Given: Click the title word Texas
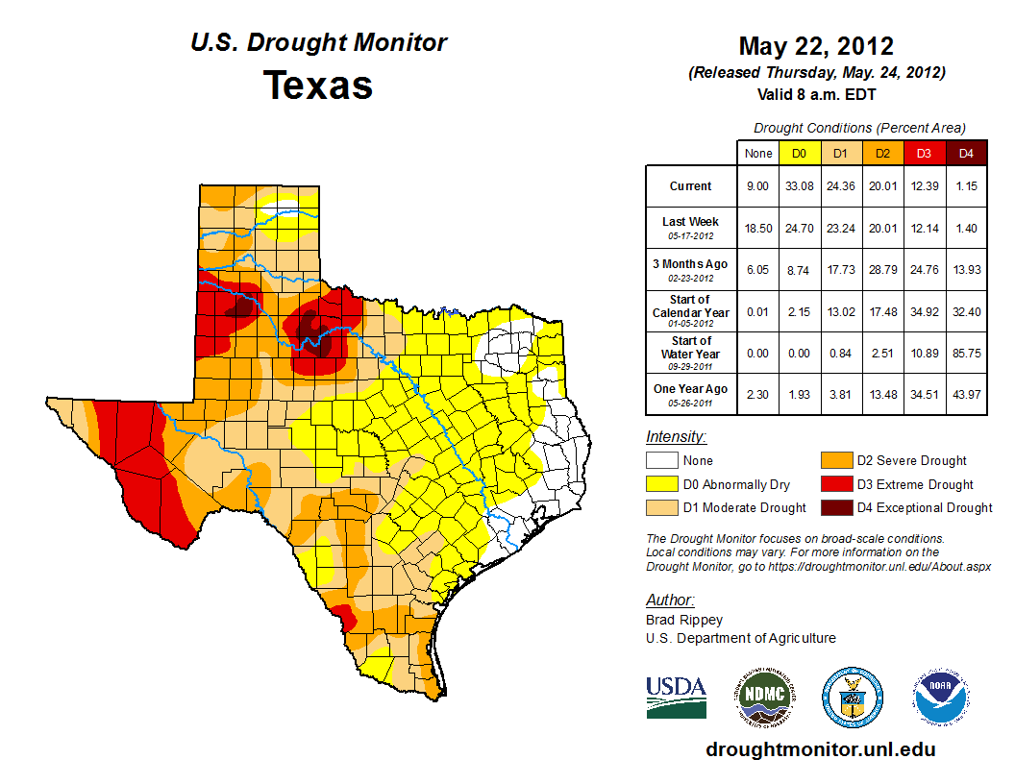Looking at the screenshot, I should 318,86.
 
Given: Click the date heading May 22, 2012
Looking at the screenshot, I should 816,46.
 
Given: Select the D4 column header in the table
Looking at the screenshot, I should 966,153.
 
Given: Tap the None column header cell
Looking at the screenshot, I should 758,153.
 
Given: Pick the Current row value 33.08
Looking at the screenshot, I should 800,186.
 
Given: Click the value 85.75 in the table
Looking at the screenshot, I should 966,354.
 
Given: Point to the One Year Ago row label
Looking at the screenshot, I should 691,389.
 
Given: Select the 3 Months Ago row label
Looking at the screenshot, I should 691,264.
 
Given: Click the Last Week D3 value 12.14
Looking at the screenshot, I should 925,229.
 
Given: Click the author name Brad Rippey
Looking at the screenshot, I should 684,620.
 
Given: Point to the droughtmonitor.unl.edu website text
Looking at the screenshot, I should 820,749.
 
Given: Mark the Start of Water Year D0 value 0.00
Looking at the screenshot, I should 800,354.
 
